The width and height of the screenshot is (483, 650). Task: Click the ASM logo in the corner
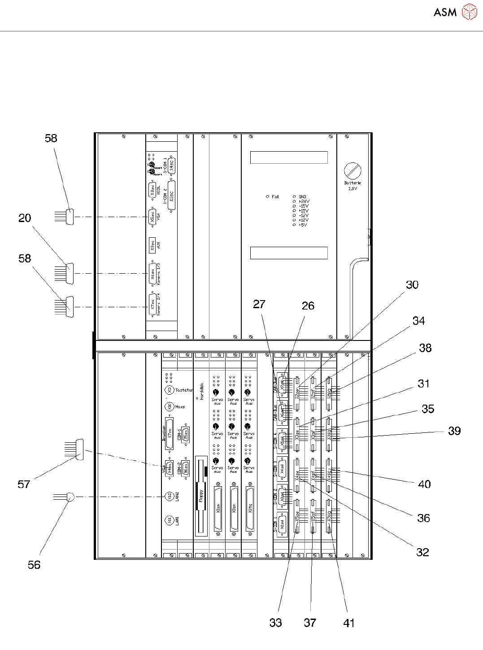tap(454, 12)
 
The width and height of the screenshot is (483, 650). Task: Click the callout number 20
tap(25, 218)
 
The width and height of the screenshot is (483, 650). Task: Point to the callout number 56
tap(34, 565)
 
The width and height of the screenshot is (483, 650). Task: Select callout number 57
tap(24, 484)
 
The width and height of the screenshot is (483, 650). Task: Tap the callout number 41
tap(349, 623)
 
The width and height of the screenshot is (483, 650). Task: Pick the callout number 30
tap(412, 285)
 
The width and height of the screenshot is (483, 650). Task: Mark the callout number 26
tap(308, 305)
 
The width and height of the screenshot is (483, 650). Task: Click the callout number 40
tap(424, 484)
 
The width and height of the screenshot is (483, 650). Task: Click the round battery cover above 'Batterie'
tap(352, 171)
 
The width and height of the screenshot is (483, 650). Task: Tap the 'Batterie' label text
tap(352, 183)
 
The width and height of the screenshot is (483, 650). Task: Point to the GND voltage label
tap(303, 196)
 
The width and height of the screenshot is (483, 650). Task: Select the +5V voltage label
tap(303, 225)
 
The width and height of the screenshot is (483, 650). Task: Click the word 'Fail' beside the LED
tap(275, 196)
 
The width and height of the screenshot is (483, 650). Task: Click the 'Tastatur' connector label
tap(184, 390)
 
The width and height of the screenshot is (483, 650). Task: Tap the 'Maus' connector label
tap(180, 407)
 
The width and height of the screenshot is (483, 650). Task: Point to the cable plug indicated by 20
tap(70, 273)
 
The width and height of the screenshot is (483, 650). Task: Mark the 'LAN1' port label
tap(178, 521)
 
